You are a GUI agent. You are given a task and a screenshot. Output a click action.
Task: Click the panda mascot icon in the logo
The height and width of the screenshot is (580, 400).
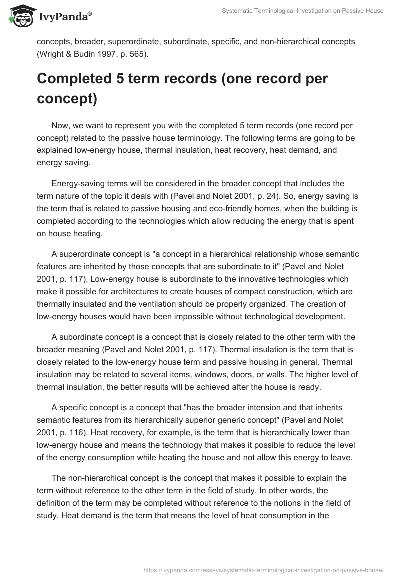[x=19, y=16]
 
